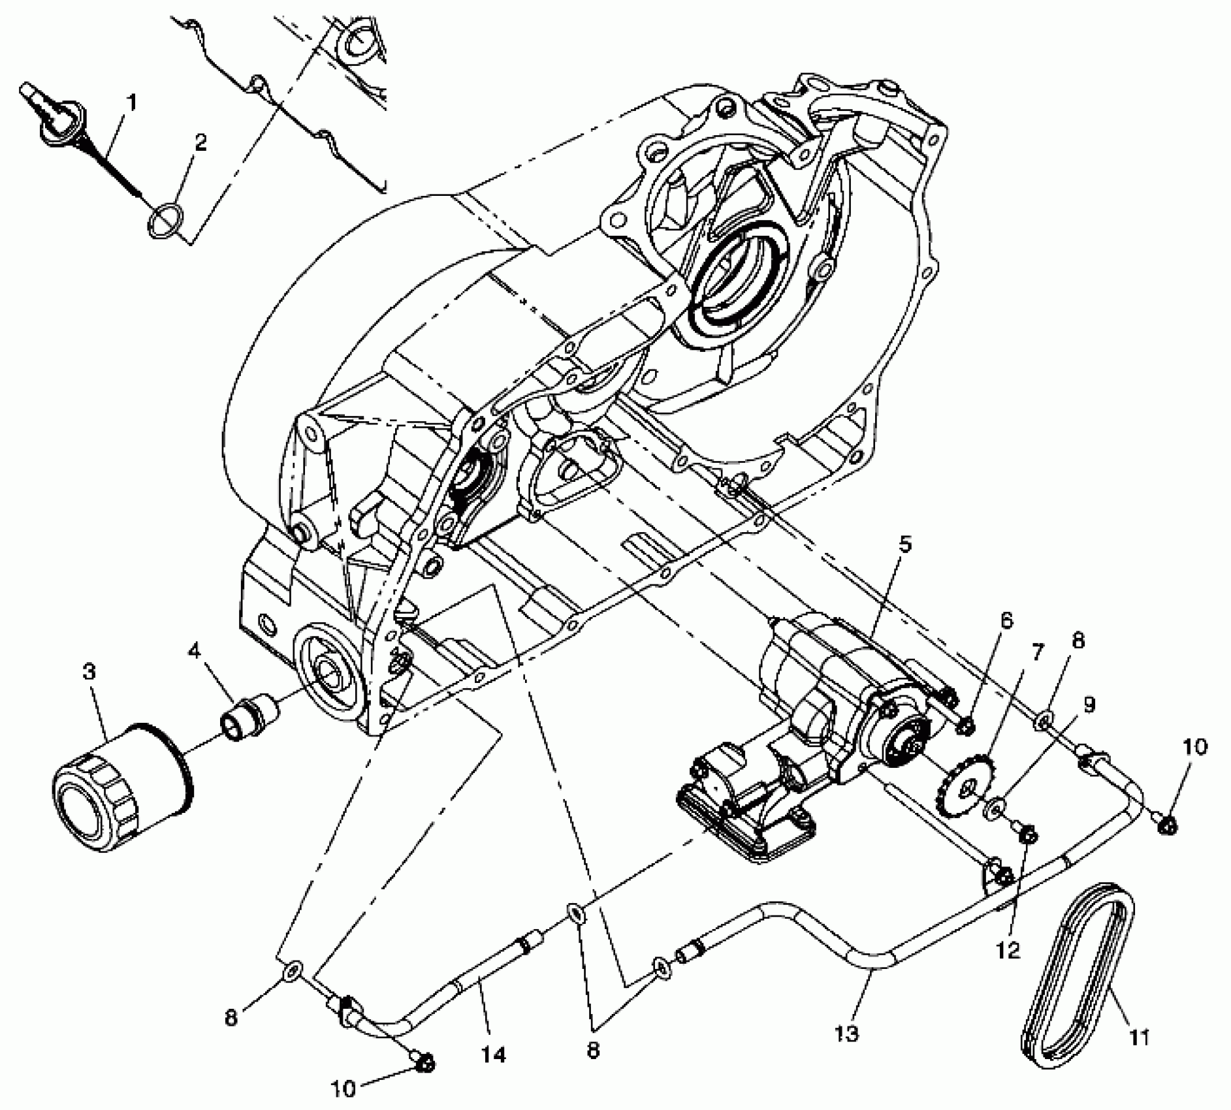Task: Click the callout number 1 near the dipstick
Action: [x=132, y=103]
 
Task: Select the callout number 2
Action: [x=200, y=143]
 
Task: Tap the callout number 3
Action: [x=89, y=672]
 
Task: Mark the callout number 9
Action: [x=1089, y=705]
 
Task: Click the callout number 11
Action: [x=1140, y=1036]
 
